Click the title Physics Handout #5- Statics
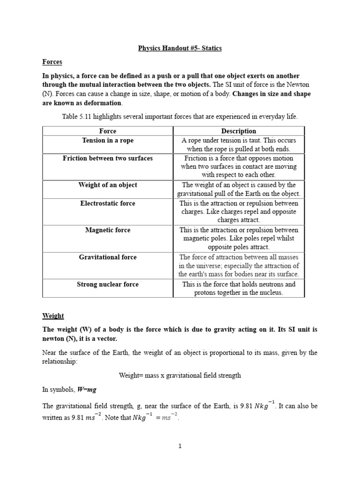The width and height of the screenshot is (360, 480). click(x=180, y=48)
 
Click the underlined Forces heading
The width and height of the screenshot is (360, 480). click(x=52, y=62)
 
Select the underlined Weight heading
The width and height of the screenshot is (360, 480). click(x=53, y=316)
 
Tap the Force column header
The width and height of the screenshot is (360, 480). click(x=108, y=131)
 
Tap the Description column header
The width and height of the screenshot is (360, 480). click(x=239, y=131)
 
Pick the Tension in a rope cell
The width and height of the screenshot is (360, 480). click(x=108, y=141)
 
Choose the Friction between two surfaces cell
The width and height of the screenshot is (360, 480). click(x=108, y=158)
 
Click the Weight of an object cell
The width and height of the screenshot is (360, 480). click(x=108, y=185)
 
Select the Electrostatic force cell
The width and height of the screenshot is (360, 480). click(x=108, y=203)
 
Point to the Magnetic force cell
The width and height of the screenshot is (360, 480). click(x=108, y=230)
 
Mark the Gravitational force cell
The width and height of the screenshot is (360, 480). click(x=108, y=257)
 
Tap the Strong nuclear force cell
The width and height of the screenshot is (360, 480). click(x=108, y=284)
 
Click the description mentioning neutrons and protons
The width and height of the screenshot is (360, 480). click(x=239, y=289)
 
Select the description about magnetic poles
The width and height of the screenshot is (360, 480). click(x=239, y=239)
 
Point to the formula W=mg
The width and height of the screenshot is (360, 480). click(x=86, y=390)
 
